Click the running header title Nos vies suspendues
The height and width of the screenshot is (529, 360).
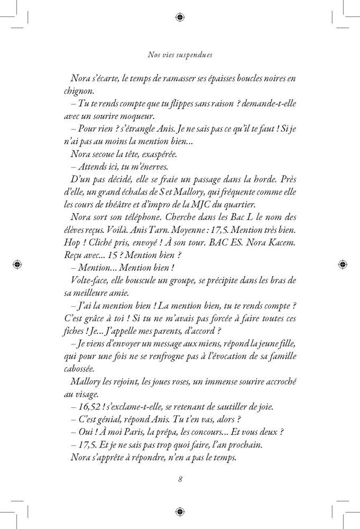point(180,53)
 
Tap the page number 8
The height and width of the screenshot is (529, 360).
point(180,480)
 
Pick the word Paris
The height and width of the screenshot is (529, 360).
point(134,433)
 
